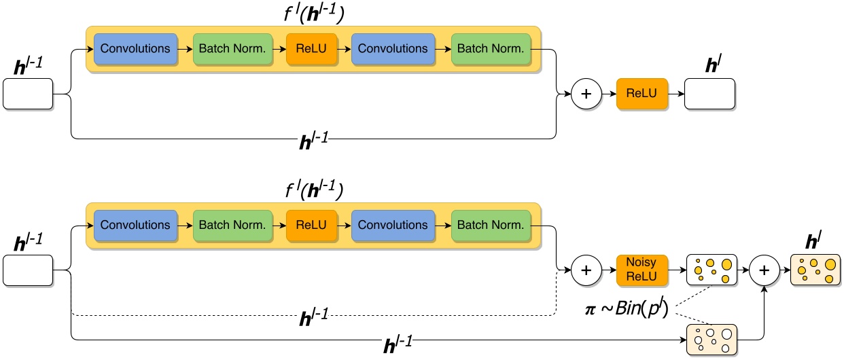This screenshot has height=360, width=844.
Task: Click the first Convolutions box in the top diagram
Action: (x=135, y=49)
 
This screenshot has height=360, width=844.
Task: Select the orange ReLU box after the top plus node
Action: (x=642, y=94)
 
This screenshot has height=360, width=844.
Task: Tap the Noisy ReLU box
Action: (x=642, y=270)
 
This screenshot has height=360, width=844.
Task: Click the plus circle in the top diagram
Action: (x=586, y=94)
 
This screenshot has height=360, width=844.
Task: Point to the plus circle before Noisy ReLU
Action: (x=586, y=270)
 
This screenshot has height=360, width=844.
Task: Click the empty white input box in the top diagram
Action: (x=28, y=94)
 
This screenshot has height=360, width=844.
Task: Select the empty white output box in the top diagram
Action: (x=709, y=94)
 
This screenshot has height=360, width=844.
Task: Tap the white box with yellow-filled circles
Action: (x=711, y=270)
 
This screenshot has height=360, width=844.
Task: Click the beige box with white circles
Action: (x=711, y=338)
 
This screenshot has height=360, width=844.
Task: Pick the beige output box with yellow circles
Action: (x=815, y=270)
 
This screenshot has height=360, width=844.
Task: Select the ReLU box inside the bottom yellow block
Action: (x=311, y=225)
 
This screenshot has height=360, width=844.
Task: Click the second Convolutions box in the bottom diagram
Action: (x=393, y=225)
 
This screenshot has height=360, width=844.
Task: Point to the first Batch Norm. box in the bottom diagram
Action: (x=232, y=225)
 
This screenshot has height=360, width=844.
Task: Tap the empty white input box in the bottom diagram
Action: (x=28, y=270)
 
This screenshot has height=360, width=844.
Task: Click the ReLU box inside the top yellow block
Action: (x=311, y=49)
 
